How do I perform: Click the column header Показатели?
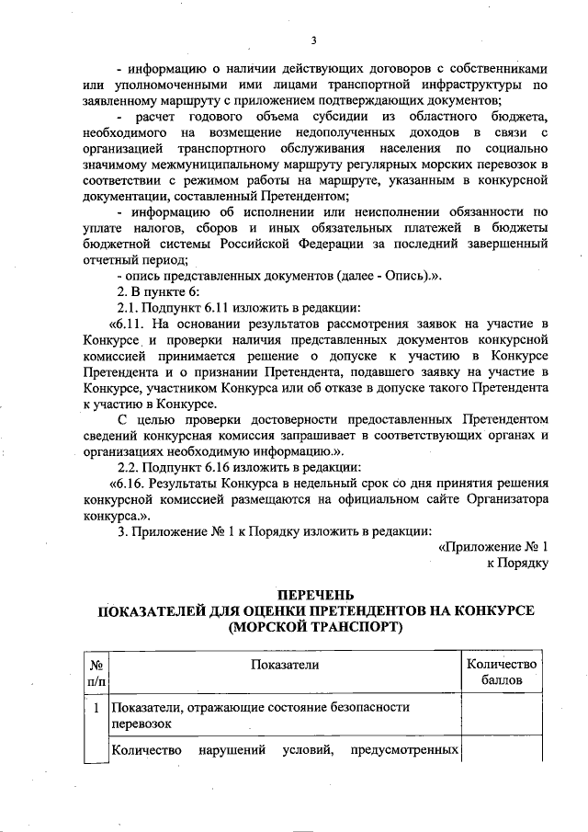point(283,665)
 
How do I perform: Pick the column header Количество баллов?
point(501,673)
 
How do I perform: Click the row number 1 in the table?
point(96,707)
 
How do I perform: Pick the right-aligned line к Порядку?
point(517,563)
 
